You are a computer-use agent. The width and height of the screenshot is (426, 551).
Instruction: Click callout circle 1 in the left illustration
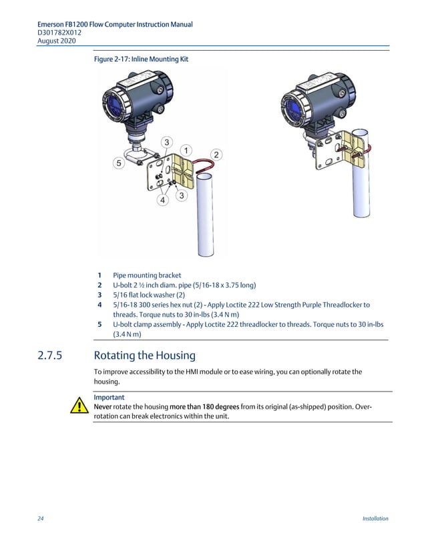[185, 149]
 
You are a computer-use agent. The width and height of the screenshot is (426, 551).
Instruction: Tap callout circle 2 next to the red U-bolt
[216, 154]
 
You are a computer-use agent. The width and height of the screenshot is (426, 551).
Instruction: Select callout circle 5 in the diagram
[118, 162]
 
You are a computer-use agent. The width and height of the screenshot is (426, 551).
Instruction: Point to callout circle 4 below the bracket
[162, 200]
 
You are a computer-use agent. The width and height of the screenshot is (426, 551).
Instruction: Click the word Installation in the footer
[375, 518]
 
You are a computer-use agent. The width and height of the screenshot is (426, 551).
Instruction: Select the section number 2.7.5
[50, 356]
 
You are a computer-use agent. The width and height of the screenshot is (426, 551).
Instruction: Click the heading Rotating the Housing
[145, 356]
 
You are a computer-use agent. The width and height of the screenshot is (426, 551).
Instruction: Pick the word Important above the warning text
[109, 398]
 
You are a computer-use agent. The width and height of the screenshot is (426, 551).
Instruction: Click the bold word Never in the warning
[103, 407]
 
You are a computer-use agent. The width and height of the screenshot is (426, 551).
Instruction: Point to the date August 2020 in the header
[57, 41]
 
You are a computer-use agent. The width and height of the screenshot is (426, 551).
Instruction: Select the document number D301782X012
[60, 33]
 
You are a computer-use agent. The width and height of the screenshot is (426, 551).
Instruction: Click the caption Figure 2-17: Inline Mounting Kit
[141, 59]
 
